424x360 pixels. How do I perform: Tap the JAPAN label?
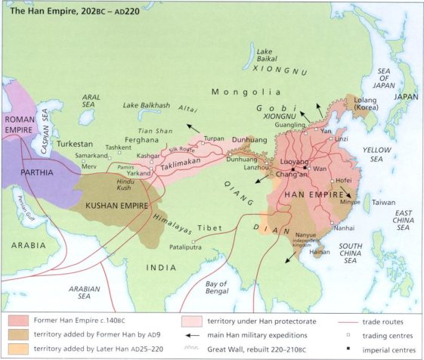pos(407,97)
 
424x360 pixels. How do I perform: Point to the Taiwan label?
pos(383,203)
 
